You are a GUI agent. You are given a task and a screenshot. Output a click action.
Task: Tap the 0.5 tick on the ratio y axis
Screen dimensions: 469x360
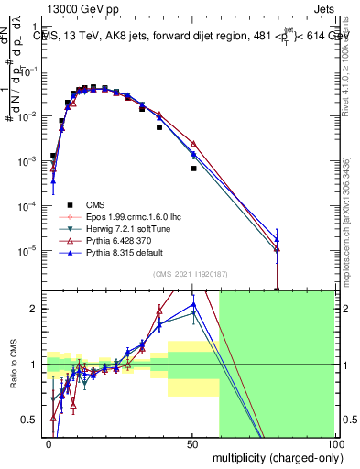pos(34,420)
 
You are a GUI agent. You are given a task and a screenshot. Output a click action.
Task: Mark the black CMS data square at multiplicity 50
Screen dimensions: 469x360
pos(193,169)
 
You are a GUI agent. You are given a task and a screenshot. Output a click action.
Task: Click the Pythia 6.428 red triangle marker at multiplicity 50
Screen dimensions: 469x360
pos(193,144)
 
